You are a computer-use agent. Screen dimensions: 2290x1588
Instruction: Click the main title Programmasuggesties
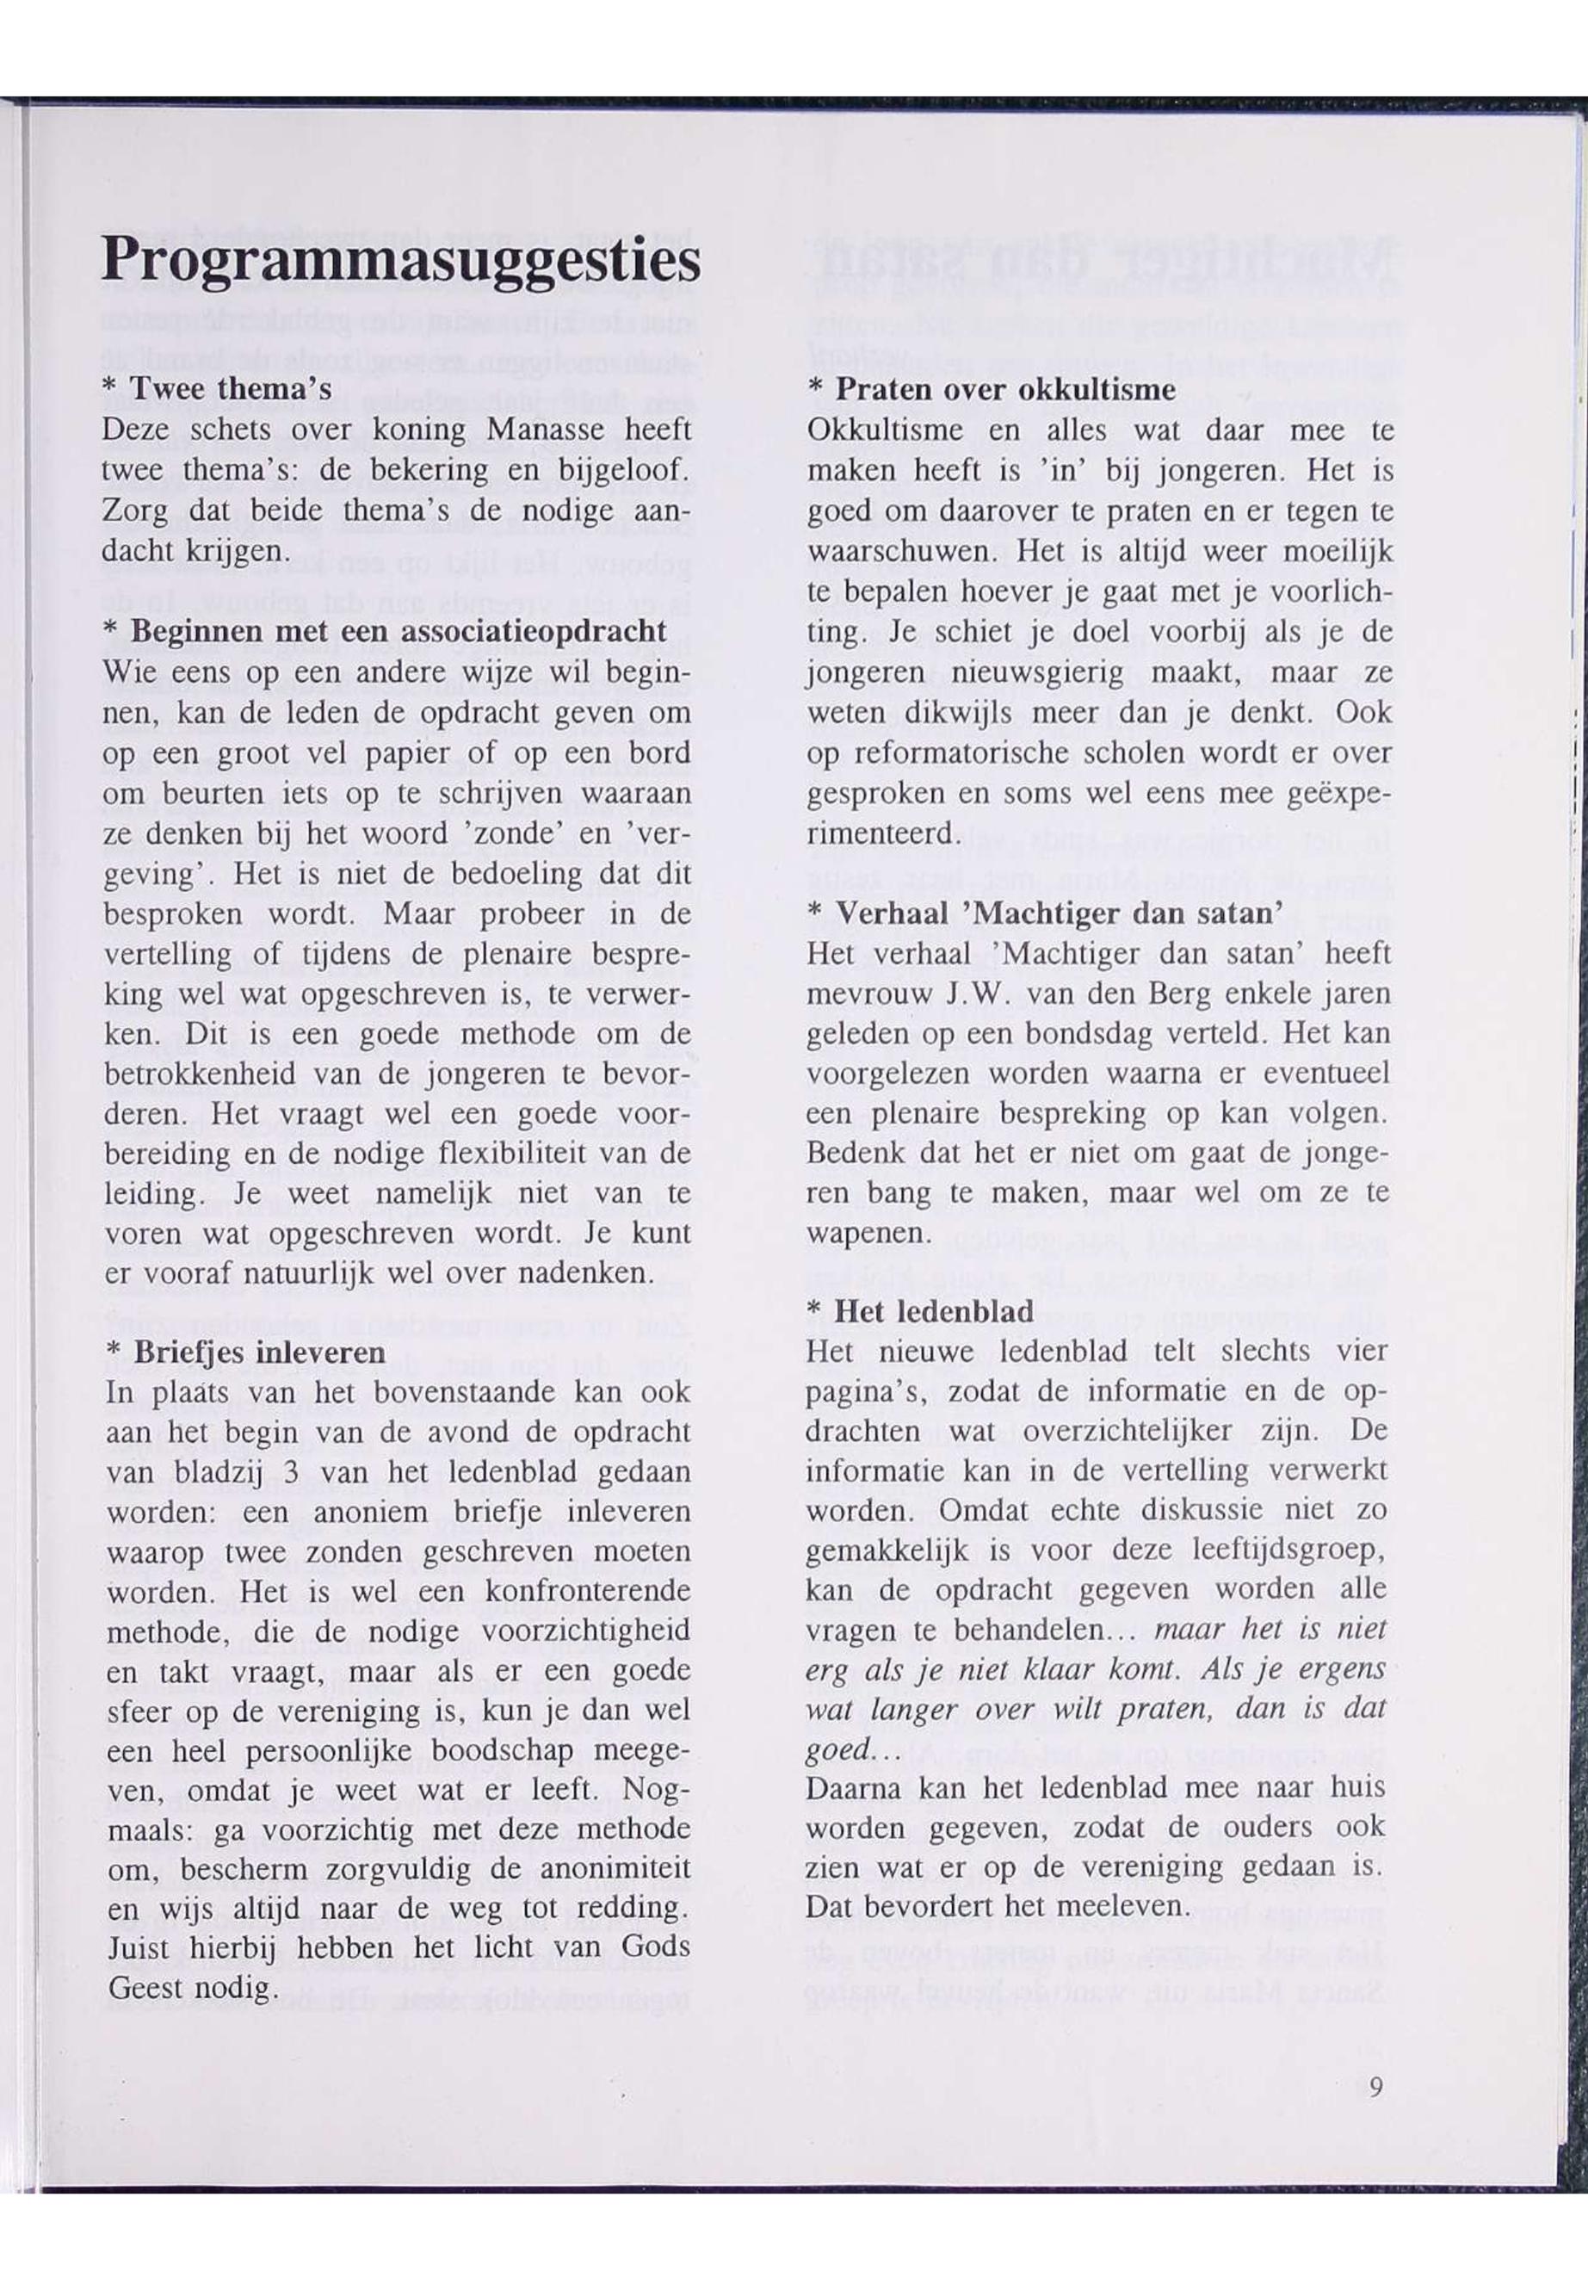tap(400, 262)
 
